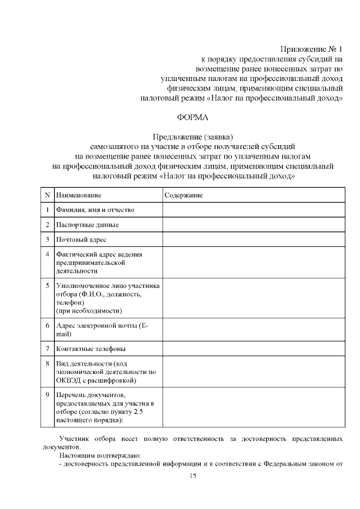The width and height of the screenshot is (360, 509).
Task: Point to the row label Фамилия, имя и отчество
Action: pyautogui.click(x=94, y=210)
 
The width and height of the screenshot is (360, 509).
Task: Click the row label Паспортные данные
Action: pyautogui.click(x=87, y=225)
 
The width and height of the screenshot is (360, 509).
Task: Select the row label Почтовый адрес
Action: pyautogui.click(x=81, y=240)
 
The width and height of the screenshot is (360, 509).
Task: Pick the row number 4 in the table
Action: pyautogui.click(x=47, y=254)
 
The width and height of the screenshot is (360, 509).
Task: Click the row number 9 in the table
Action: pyautogui.click(x=47, y=395)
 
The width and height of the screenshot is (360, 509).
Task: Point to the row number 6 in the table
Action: pyautogui.click(x=47, y=325)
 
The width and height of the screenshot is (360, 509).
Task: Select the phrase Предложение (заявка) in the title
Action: pyautogui.click(x=192, y=137)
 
